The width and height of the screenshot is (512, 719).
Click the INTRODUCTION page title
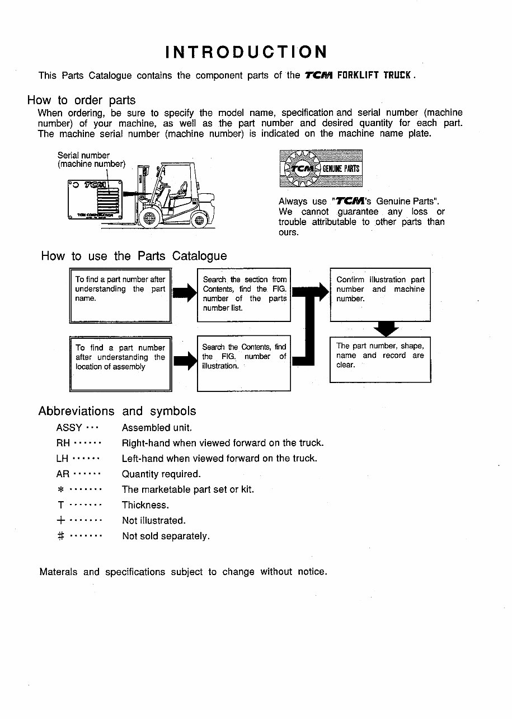[x=246, y=52]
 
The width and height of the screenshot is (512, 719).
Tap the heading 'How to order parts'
[x=81, y=100]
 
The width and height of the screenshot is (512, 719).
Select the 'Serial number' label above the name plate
[x=84, y=155]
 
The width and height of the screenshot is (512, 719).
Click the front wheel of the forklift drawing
[x=149, y=218]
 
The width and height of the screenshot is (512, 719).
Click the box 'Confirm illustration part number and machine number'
[x=380, y=295]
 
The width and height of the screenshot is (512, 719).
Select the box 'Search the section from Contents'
[x=244, y=295]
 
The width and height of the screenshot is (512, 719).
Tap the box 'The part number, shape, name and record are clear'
[x=380, y=359]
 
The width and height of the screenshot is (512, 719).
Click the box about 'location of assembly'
[x=120, y=363]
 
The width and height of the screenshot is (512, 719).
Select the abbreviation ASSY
[x=69, y=428]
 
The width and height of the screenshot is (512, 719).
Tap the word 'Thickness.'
[x=145, y=505]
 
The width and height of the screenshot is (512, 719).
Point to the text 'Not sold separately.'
[x=166, y=536]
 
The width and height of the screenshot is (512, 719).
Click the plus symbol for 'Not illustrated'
[x=62, y=520]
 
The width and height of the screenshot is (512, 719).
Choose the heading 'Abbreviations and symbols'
[x=117, y=411]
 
